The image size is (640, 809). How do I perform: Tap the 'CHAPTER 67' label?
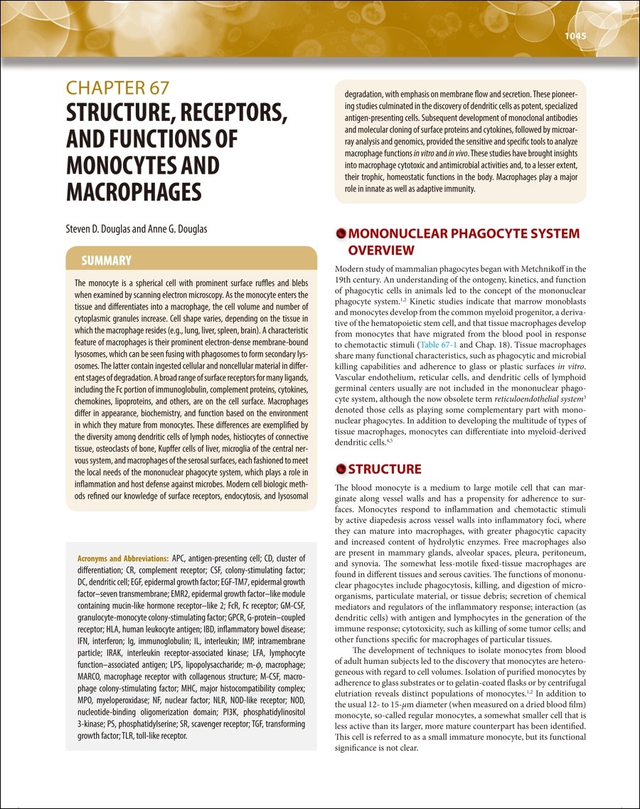point(117,88)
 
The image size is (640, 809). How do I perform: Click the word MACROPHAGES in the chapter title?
point(134,192)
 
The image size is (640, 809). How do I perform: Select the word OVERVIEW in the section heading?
point(380,250)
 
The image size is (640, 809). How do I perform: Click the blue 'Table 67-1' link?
point(438,343)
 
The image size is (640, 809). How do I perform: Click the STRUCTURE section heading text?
point(385,469)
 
